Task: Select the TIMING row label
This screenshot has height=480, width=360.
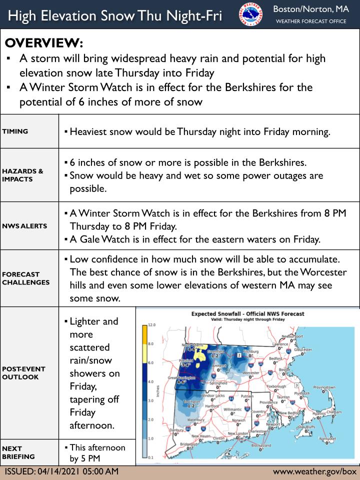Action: point(15,132)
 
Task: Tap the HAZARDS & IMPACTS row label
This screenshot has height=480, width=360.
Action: point(22,174)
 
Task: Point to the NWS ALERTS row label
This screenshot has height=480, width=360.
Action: point(24,226)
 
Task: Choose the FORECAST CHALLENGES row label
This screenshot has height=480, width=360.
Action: point(26,278)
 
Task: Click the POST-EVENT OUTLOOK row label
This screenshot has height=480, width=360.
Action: point(24,372)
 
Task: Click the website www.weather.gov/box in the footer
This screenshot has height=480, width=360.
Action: point(315,471)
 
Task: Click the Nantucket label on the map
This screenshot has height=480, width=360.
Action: point(327,438)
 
